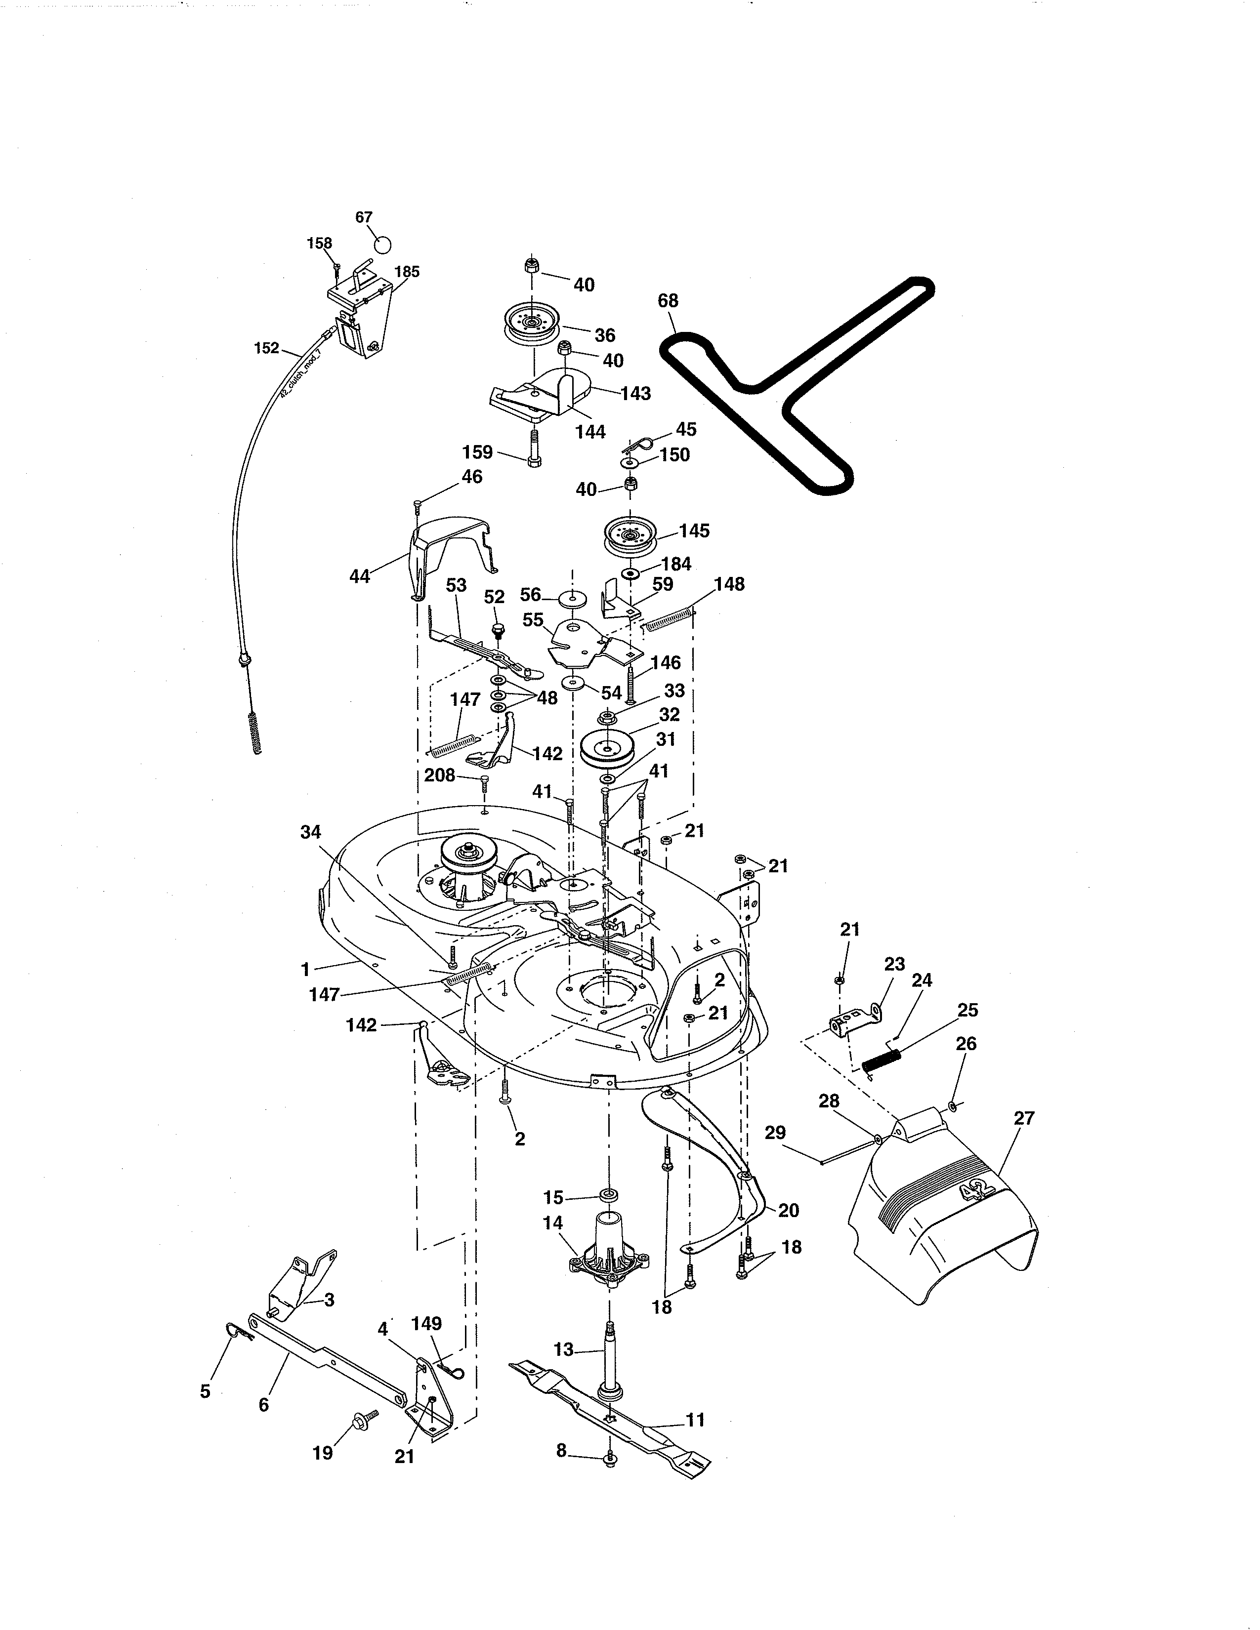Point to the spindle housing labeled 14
tap(608, 1246)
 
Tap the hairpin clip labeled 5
tap(238, 1330)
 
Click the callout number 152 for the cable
tap(266, 348)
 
